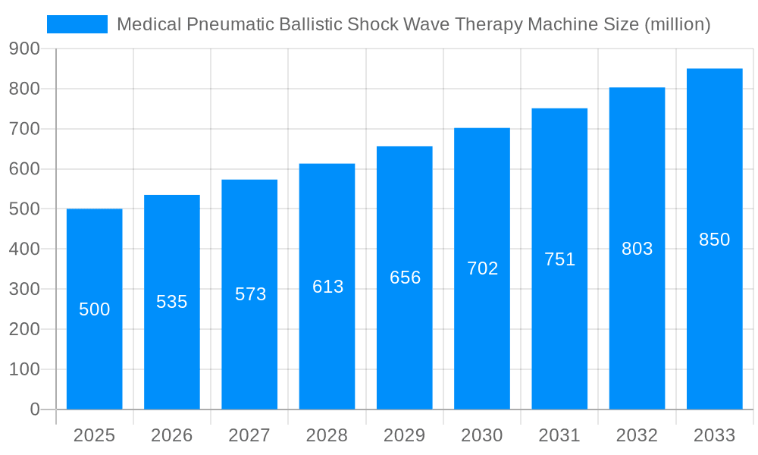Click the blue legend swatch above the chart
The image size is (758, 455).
77,24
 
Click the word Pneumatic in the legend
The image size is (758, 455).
218,24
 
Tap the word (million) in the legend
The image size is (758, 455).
677,24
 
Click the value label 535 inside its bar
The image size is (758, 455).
172,302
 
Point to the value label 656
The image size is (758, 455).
405,278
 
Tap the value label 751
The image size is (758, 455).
559,259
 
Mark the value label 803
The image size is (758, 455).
637,249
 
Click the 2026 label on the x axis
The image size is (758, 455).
171,435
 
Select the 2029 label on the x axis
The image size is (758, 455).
404,435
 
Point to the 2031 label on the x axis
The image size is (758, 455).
559,435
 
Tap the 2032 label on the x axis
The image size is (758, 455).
637,435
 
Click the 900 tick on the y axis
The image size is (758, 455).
24,49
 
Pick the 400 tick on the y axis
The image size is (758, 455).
24,249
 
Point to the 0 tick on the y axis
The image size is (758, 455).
34,409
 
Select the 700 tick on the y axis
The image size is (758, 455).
24,129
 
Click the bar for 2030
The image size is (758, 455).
482,341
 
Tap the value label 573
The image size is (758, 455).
250,294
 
